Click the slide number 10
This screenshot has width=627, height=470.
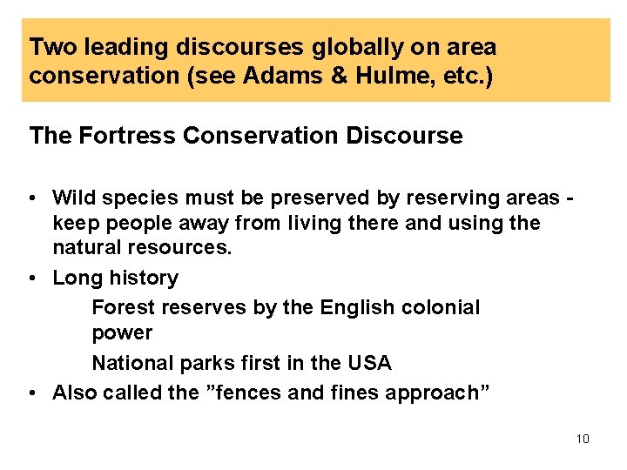click(583, 439)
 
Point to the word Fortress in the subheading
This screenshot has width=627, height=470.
click(113, 136)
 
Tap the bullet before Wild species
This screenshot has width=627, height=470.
click(32, 198)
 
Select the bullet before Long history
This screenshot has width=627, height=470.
click(32, 279)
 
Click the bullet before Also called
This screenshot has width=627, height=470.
click(32, 393)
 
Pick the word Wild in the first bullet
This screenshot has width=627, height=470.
click(72, 198)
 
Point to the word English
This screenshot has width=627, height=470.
click(356, 307)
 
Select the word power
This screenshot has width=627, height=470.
click(122, 333)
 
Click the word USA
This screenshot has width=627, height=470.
click(369, 362)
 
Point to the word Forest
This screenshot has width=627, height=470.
click(120, 307)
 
